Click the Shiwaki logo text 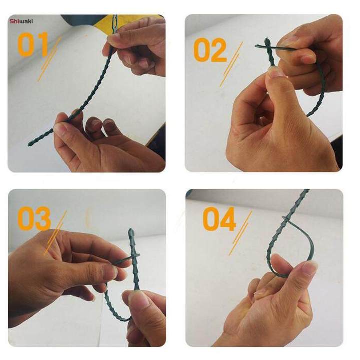(21, 21)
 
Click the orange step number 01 (33, 44)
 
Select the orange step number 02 (210, 50)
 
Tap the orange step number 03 (34, 219)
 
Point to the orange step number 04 (219, 219)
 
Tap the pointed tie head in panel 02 (267, 42)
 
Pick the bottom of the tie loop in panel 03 (121, 319)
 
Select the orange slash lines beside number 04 (240, 233)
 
